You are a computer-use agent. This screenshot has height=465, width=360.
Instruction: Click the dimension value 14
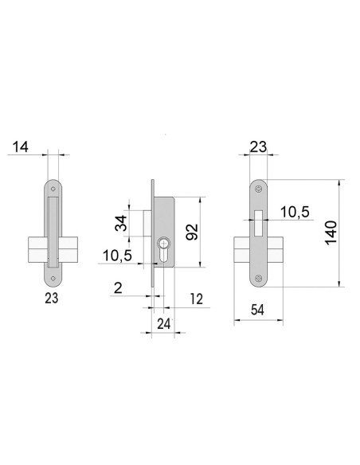pos(22,147)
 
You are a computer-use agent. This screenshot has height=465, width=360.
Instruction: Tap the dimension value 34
pos(121,223)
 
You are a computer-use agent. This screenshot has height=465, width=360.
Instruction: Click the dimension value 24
pos(163,324)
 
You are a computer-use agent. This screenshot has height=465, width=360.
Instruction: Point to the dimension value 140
pos(333,233)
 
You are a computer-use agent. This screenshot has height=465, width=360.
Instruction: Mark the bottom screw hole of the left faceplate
pos(54,278)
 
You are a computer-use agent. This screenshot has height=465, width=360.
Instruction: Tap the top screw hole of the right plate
pos(259,190)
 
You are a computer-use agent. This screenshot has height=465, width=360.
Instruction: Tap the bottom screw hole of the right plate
pos(259,278)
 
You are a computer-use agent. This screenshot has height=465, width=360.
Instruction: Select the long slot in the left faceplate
pos(53,231)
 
